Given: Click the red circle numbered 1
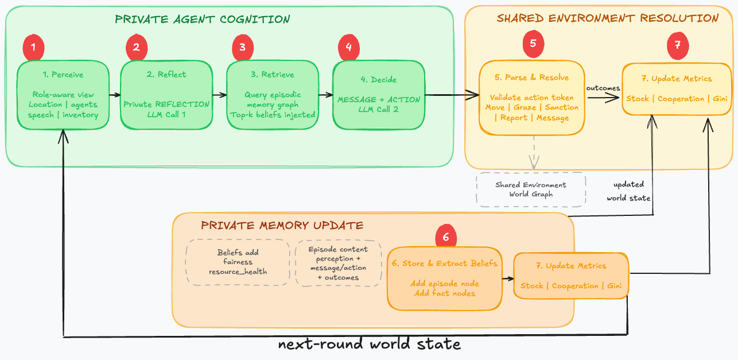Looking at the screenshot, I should (x=34, y=48).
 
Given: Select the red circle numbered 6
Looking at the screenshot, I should (x=446, y=237).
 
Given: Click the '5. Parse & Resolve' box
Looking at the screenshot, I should (x=532, y=98).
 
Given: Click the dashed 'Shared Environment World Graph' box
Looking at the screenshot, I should (x=531, y=189).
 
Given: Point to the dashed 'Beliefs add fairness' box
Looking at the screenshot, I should (x=238, y=262).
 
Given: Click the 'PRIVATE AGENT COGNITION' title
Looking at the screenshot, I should (x=203, y=19).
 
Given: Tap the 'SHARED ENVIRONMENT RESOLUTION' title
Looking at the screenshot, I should (x=607, y=18).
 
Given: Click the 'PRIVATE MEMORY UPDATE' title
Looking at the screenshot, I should (x=282, y=225).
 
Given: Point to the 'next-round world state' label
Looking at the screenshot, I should (x=369, y=344).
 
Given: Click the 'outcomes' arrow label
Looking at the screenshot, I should (x=603, y=88).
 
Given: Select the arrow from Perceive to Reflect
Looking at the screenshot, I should (x=115, y=95).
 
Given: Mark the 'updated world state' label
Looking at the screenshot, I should (x=628, y=191).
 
